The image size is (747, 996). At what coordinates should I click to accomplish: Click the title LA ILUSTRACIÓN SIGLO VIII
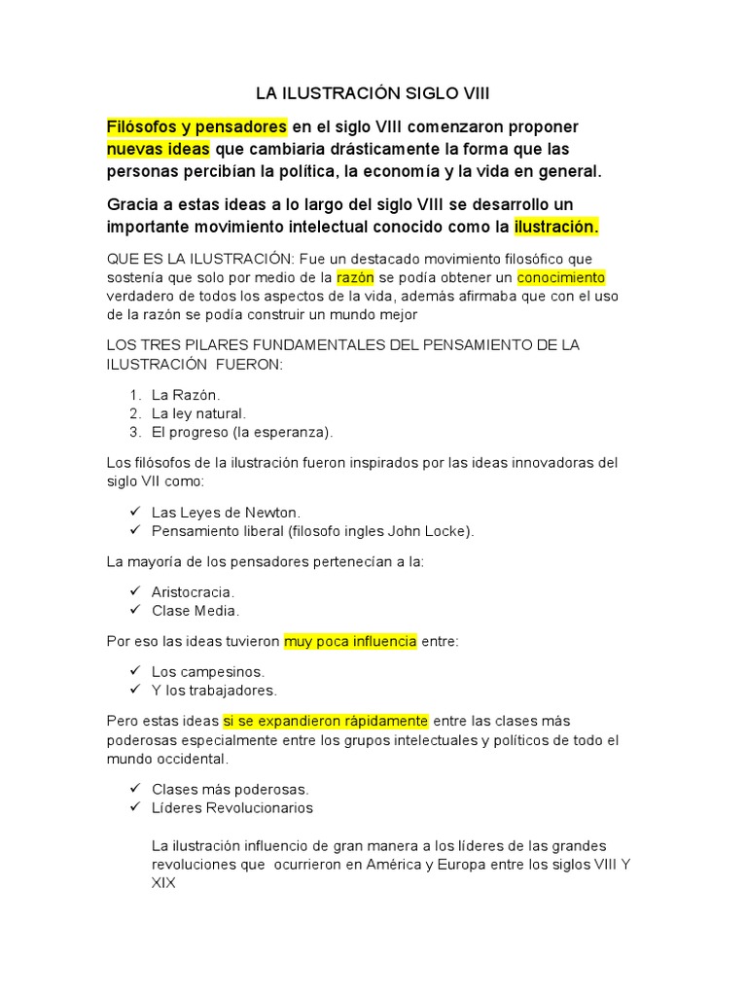coord(373,94)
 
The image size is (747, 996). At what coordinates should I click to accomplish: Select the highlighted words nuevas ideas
coord(158,150)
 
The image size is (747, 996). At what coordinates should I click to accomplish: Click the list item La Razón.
coord(187,395)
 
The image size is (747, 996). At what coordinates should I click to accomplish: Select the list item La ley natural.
coord(199,413)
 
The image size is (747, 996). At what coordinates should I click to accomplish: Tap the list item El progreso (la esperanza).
coord(242,432)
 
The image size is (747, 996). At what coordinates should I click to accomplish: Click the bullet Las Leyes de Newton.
coord(227,513)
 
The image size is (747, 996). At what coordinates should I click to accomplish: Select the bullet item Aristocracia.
coord(194,591)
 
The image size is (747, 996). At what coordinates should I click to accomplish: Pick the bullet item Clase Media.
coord(196,611)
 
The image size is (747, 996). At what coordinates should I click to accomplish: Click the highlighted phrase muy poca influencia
coord(350,641)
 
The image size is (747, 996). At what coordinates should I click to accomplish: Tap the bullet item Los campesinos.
coord(208,671)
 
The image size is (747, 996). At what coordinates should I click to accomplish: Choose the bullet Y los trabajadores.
coord(215,691)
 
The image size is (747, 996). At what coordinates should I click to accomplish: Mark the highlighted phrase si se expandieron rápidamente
coord(326,721)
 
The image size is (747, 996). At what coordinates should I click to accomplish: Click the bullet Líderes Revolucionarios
coord(232,808)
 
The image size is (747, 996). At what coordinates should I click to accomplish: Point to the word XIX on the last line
coord(163,884)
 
